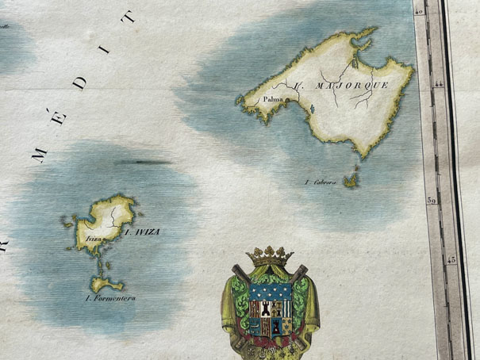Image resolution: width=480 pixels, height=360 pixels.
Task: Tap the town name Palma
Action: point(274,100)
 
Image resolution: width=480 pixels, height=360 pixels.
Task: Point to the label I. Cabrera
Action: point(321,182)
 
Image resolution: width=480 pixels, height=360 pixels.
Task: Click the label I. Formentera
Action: point(109,298)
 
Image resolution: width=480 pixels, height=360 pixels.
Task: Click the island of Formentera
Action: point(103,281)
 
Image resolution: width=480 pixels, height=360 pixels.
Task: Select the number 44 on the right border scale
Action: point(440,82)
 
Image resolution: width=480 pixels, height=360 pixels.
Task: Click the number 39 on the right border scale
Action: point(432,201)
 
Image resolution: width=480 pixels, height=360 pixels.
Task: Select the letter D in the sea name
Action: point(83,78)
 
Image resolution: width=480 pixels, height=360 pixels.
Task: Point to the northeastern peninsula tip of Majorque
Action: point(371,32)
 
